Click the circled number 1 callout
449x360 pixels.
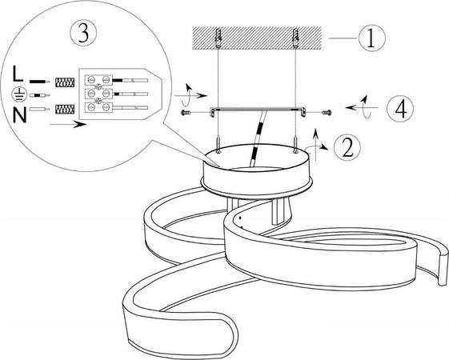(371, 38)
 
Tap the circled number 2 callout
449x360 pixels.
(347, 147)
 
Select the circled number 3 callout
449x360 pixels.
(83, 33)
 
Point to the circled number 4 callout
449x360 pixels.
(400, 109)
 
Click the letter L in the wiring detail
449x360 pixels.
(18, 74)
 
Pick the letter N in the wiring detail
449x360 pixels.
(19, 115)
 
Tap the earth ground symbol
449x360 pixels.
(19, 94)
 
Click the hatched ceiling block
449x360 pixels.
(257, 38)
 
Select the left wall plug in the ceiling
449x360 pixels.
(218, 38)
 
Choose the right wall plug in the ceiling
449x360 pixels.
(295, 38)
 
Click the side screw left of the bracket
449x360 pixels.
(186, 113)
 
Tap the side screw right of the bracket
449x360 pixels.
(327, 113)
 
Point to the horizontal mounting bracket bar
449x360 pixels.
(258, 110)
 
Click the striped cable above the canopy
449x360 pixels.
(258, 138)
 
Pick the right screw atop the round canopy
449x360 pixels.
(295, 144)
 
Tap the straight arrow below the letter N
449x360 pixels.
(68, 125)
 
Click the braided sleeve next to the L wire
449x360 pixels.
(65, 82)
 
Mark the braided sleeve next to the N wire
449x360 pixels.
(65, 109)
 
